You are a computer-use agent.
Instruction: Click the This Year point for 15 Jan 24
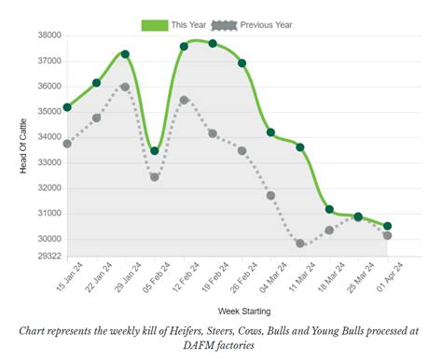coord(67,107)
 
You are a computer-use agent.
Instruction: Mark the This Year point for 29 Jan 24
coord(125,54)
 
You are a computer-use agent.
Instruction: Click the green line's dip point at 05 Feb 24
coord(155,151)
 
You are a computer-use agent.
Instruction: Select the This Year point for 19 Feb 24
coord(213,44)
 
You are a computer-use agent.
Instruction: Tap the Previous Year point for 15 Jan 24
coord(67,144)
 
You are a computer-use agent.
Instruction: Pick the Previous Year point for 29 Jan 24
coord(125,87)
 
